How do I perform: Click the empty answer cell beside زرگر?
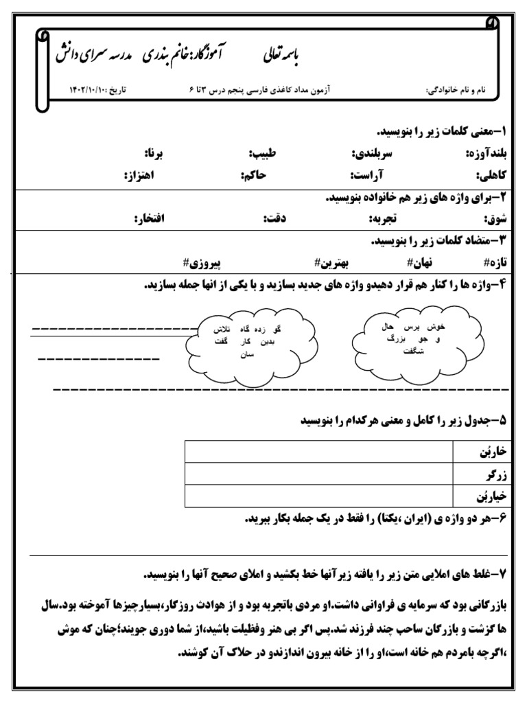coord(318,474)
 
